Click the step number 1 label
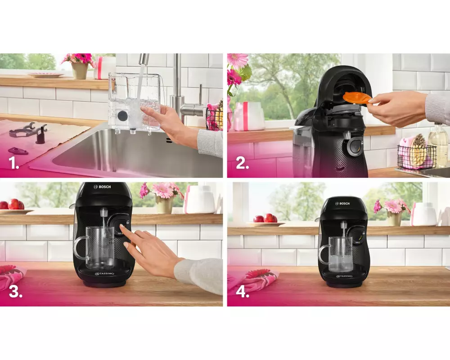[14, 163]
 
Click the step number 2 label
[242, 163]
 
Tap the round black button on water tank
[122, 116]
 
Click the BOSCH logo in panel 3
[102, 187]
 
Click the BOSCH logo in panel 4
[342, 203]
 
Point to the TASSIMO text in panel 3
[104, 274]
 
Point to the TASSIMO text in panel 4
[344, 276]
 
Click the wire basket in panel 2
[417, 157]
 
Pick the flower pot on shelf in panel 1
[80, 71]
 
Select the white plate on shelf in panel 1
[45, 75]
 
